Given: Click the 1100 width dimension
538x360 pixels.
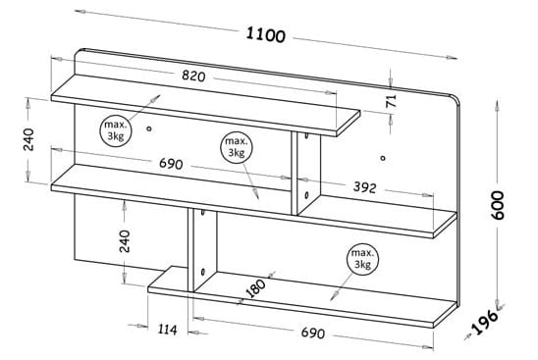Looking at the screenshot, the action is tap(266, 34).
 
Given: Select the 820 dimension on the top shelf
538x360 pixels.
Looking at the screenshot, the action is tap(193, 76).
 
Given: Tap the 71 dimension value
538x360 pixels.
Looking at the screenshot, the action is tap(391, 101).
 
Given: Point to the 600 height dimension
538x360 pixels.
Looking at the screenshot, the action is tap(497, 205).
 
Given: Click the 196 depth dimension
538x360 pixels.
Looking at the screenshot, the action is tap(485, 322).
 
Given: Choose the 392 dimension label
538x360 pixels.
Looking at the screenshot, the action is tap(365, 187).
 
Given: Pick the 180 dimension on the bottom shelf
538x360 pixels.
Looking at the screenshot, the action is tap(256, 288).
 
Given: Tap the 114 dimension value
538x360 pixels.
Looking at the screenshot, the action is tap(168, 330).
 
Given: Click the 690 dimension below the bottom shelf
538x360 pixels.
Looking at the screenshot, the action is tap(312, 333).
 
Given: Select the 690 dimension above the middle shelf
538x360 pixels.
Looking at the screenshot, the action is tap(171, 164).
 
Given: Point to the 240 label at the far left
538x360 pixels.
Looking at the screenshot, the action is tap(28, 139).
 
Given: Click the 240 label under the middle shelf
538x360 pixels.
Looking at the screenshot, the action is tap(125, 241).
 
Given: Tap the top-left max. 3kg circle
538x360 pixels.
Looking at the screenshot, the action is tap(116, 130).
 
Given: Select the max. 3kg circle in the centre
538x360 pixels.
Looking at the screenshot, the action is tap(236, 147).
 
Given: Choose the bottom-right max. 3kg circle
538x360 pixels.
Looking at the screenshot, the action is tap(362, 259).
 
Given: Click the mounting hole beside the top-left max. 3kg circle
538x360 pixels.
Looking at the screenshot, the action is tap(149, 129).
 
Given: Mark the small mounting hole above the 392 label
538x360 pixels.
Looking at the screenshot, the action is tap(383, 158).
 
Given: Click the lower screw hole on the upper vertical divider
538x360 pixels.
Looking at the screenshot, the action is tap(306, 195).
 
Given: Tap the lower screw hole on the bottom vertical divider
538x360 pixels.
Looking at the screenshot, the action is tap(203, 273).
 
